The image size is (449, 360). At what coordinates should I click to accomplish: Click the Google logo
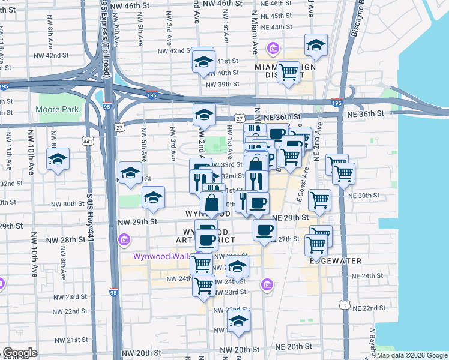click(20, 353)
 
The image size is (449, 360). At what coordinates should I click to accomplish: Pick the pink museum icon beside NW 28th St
click(124, 241)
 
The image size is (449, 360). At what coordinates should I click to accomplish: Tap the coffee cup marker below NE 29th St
click(264, 230)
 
